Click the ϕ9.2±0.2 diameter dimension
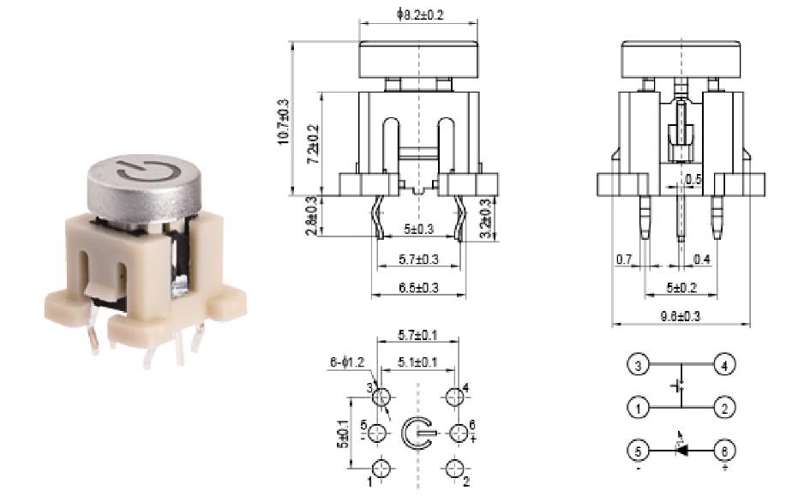[420, 15]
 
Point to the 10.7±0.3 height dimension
[284, 121]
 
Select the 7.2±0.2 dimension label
[315, 142]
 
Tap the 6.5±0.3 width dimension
[418, 289]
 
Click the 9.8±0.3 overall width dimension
[680, 316]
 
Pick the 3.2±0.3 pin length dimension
[486, 218]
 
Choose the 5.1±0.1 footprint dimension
[417, 362]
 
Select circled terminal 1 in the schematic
[638, 408]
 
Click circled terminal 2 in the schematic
[725, 408]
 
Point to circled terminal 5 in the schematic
[638, 450]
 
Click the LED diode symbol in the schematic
[682, 449]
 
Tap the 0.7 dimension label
[623, 258]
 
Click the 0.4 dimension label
[701, 258]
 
